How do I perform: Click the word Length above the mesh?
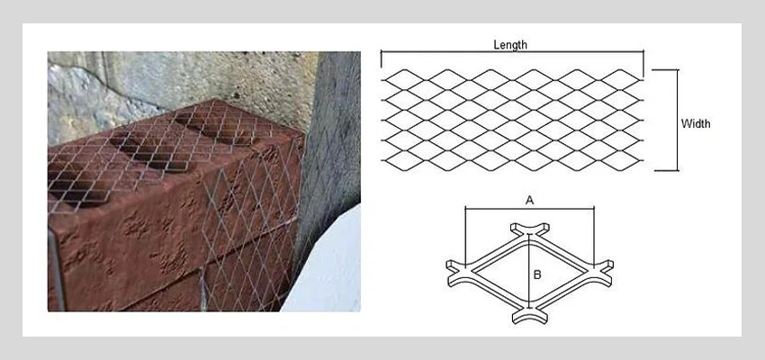(510, 44)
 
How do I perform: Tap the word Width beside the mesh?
(695, 123)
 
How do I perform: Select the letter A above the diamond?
(529, 202)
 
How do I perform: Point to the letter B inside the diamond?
(536, 274)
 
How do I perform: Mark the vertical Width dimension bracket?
(677, 119)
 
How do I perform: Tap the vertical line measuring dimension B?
(528, 270)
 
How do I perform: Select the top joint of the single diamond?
(528, 230)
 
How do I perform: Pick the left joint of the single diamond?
(457, 266)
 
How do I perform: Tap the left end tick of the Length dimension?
(382, 59)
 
